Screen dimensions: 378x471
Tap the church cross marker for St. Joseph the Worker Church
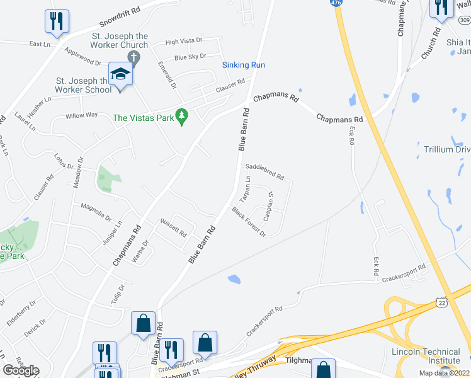(133, 58)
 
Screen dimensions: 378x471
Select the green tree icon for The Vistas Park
(182, 116)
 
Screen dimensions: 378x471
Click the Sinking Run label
(244, 65)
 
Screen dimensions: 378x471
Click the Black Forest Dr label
(249, 221)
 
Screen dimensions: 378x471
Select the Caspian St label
(268, 205)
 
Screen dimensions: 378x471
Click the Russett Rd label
(174, 227)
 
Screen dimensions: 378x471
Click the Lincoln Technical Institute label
(426, 356)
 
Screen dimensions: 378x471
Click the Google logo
(21, 370)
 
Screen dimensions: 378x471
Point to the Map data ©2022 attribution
(443, 373)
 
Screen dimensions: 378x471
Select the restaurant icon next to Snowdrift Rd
(57, 21)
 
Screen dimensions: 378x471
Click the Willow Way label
(82, 115)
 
